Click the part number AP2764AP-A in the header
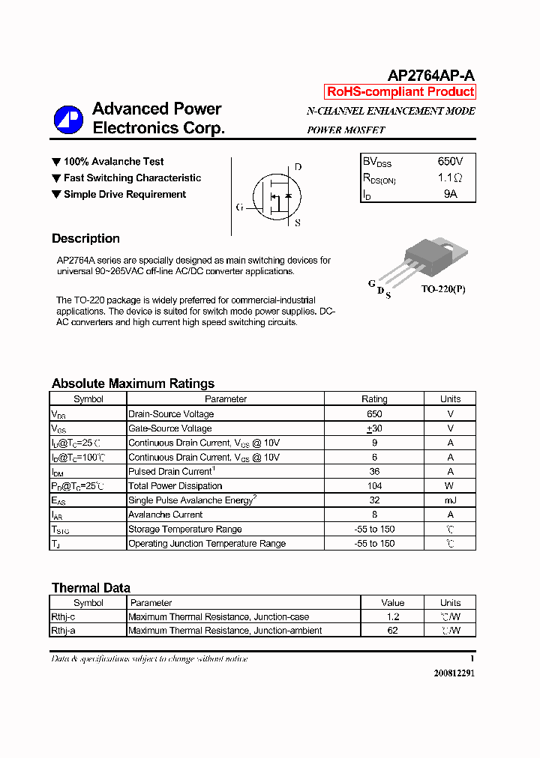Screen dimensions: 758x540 pyautogui.click(x=430, y=76)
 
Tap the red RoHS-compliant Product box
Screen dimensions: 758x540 pyautogui.click(x=400, y=92)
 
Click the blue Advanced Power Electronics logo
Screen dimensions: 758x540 pyautogui.click(x=68, y=120)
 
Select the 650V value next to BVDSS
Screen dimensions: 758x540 pyautogui.click(x=450, y=162)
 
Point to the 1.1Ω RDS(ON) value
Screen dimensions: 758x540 pyautogui.click(x=450, y=178)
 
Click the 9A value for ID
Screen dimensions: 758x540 pyautogui.click(x=450, y=194)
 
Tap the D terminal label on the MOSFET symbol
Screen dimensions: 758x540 pyautogui.click(x=298, y=167)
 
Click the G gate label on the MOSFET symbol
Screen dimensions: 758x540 pyautogui.click(x=239, y=207)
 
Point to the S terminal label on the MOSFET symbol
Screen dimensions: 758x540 pyautogui.click(x=298, y=222)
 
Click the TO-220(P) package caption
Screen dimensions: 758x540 pyautogui.click(x=442, y=289)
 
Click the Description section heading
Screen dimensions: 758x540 pyautogui.click(x=85, y=239)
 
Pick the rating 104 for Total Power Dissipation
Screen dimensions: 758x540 pyautogui.click(x=374, y=486)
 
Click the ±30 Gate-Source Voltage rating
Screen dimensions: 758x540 pyautogui.click(x=374, y=428)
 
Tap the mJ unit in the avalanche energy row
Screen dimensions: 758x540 pyautogui.click(x=450, y=500)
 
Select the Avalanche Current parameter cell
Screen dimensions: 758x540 pyautogui.click(x=166, y=515)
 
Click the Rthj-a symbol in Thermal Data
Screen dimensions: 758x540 pyautogui.click(x=63, y=631)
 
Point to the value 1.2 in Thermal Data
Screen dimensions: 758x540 pyautogui.click(x=392, y=616)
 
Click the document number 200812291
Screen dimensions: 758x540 pyautogui.click(x=454, y=673)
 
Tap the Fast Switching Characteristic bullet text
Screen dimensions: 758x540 pyautogui.click(x=132, y=178)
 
